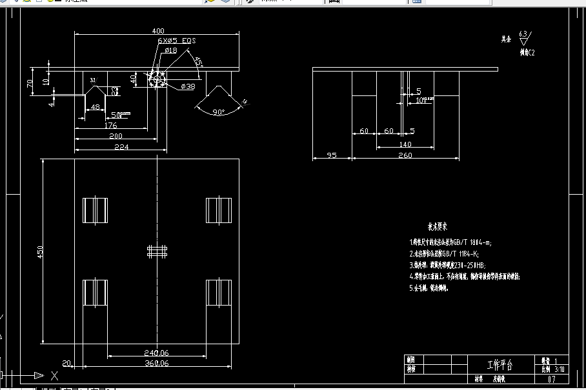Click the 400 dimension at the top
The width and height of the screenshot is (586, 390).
157,31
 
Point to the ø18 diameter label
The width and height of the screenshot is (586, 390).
171,50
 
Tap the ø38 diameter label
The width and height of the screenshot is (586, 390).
188,86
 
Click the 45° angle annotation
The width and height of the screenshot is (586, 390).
199,62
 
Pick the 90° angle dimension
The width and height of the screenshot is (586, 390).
219,112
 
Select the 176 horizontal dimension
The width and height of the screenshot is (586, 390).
111,126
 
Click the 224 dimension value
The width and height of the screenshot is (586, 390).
121,147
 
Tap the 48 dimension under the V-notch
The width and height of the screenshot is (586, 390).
95,107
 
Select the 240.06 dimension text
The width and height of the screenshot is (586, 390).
156,353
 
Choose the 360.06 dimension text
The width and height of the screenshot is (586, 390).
156,364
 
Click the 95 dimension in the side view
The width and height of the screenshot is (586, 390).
332,155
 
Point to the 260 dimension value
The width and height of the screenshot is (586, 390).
405,155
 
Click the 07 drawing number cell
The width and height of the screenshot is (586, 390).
551,380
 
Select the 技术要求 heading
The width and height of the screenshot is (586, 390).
437,227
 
